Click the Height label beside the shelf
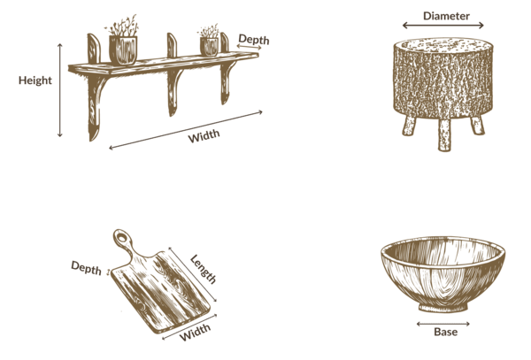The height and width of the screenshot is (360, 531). [35, 80]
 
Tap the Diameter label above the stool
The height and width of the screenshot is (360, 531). [446, 16]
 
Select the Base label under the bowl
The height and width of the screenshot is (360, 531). [445, 332]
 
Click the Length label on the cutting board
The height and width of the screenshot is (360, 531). [203, 270]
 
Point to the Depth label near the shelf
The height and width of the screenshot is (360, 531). [254, 40]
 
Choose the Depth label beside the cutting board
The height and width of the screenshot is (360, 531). [87, 268]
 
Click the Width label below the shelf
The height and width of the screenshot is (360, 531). [204, 136]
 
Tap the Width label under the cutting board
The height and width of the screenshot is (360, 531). [195, 333]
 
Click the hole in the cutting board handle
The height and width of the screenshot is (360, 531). [121, 236]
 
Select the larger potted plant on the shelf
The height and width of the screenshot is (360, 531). [123, 41]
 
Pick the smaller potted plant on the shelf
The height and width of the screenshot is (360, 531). [209, 41]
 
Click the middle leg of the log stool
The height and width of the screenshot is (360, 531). [444, 134]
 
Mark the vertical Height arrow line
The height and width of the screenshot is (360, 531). [60, 90]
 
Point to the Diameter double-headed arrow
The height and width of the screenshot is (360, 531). [443, 25]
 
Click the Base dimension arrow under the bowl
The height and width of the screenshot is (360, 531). [443, 324]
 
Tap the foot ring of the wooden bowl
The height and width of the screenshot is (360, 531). [443, 307]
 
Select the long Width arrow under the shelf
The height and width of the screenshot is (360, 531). [186, 130]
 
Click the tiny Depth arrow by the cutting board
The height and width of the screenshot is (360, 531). [109, 272]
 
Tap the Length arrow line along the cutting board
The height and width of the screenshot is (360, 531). [193, 274]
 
